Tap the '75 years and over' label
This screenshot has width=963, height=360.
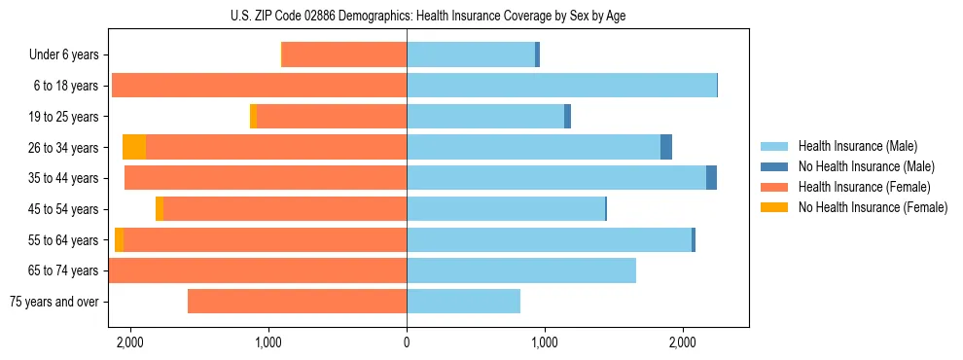click(53, 302)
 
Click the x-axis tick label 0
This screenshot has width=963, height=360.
click(407, 342)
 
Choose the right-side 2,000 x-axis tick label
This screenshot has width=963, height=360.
click(682, 342)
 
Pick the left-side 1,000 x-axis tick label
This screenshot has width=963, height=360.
click(268, 342)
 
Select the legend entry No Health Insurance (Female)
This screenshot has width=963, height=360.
click(873, 207)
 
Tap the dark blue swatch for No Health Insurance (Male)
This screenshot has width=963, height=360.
click(774, 166)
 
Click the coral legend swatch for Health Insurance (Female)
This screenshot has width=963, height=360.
click(774, 187)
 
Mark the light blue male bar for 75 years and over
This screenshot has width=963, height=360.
click(463, 302)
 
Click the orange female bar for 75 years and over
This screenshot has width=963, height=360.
click(297, 302)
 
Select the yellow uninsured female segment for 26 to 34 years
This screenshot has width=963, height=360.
click(134, 147)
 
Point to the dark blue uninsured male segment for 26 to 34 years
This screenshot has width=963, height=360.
click(666, 147)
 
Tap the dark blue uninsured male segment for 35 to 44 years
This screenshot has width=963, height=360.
click(711, 178)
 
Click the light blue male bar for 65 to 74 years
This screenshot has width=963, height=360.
click(521, 270)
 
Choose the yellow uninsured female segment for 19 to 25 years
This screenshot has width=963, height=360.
click(253, 117)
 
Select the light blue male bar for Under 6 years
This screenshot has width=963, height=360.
click(471, 54)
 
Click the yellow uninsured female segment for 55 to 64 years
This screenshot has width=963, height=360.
click(119, 239)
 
